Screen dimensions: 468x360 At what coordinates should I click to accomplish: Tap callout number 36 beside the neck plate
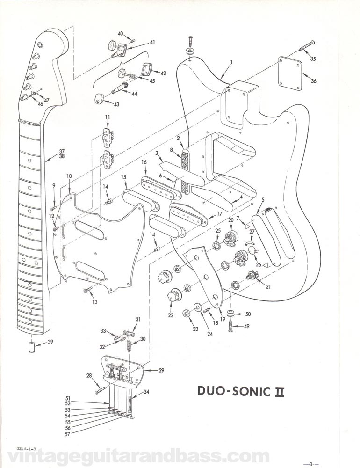click(x=313, y=81)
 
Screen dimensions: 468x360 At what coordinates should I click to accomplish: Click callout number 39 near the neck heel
click(x=50, y=342)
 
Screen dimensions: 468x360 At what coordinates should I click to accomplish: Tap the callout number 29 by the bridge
click(x=161, y=370)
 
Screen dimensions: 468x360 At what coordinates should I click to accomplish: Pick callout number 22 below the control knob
click(x=171, y=315)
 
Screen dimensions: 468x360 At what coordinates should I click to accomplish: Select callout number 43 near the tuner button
click(x=116, y=104)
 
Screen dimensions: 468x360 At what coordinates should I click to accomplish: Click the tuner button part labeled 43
click(x=99, y=99)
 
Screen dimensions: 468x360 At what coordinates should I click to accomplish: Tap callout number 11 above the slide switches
click(x=107, y=117)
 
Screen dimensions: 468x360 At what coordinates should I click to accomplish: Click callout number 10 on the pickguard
click(x=69, y=176)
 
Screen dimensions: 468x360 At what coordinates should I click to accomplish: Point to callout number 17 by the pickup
click(x=219, y=214)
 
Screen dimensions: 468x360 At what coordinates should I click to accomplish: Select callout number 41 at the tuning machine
click(x=152, y=42)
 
